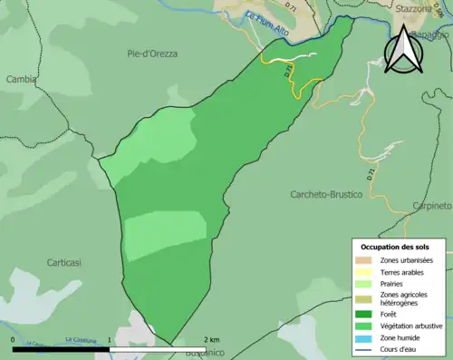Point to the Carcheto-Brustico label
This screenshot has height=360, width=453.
pos(326,195)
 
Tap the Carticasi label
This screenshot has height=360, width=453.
pos(64,262)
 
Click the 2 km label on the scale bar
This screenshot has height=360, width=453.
pos(212,339)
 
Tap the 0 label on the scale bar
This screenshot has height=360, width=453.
pos(13,339)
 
